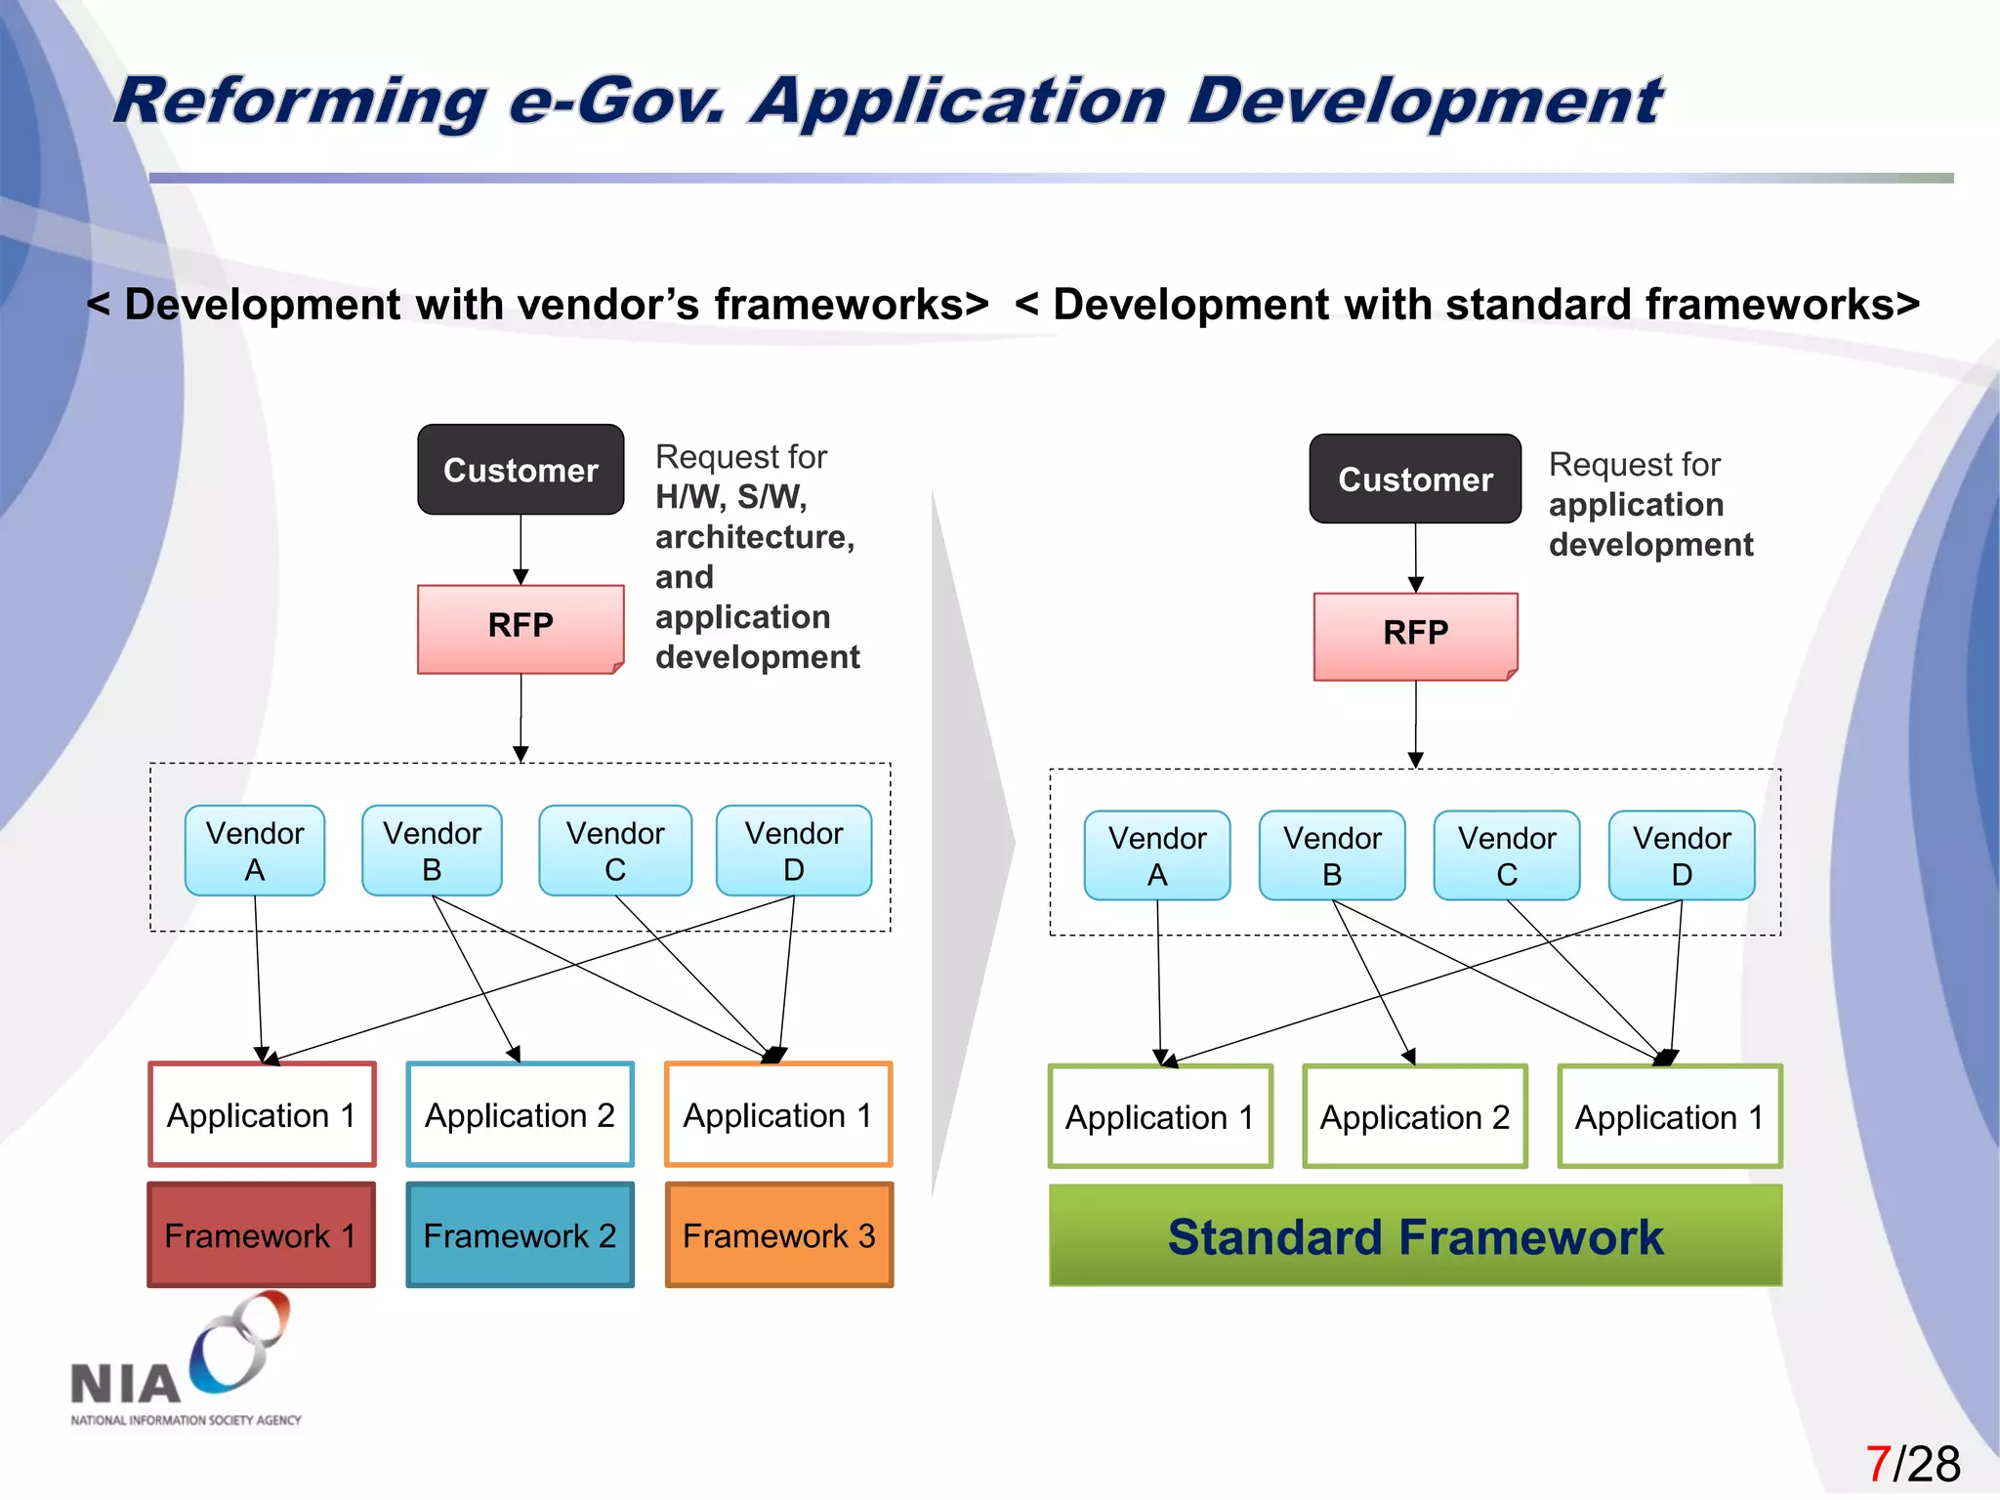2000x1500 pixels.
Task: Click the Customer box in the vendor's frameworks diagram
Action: [521, 470]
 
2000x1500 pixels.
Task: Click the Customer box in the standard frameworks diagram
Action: [1415, 479]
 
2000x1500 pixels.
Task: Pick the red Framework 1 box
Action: [261, 1235]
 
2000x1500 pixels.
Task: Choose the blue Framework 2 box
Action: [520, 1235]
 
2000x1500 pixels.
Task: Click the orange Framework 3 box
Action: [778, 1235]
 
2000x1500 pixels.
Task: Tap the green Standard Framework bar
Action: [1415, 1236]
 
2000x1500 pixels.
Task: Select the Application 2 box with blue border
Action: [520, 1115]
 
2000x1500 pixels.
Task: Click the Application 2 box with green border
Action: [1415, 1117]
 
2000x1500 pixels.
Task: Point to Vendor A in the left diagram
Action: [255, 851]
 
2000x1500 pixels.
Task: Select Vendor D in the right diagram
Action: [1682, 855]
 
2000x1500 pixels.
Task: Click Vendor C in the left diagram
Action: [615, 851]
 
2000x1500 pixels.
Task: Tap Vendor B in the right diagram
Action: [1332, 855]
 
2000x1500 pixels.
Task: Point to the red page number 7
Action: [1877, 1464]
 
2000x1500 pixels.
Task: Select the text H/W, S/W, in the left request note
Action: [730, 497]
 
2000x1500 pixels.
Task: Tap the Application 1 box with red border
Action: [261, 1115]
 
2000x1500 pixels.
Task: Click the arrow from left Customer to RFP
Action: [521, 549]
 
